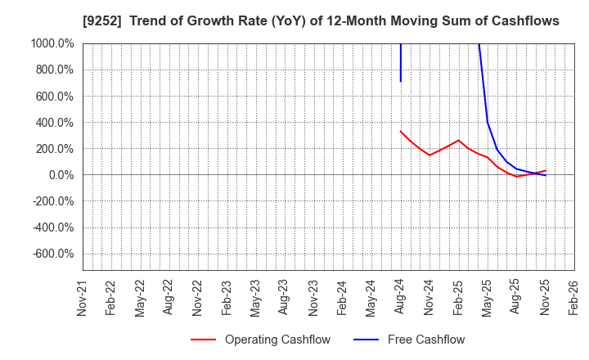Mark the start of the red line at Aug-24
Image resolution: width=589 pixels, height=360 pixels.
[x=401, y=131]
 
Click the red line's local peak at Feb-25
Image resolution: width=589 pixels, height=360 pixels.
[x=459, y=140]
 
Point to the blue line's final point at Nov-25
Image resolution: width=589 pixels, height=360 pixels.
[x=546, y=176]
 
